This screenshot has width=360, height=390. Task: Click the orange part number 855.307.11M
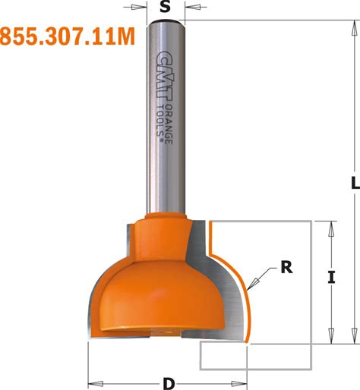coord(68,36)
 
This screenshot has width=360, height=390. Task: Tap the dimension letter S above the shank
coord(166,7)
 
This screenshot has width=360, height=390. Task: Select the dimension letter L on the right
coord(355,183)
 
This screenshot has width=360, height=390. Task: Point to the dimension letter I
coord(331,277)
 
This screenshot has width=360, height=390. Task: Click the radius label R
coord(286,267)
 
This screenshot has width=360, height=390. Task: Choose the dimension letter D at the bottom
coord(169,384)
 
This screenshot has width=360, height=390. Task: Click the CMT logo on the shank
coord(165,77)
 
